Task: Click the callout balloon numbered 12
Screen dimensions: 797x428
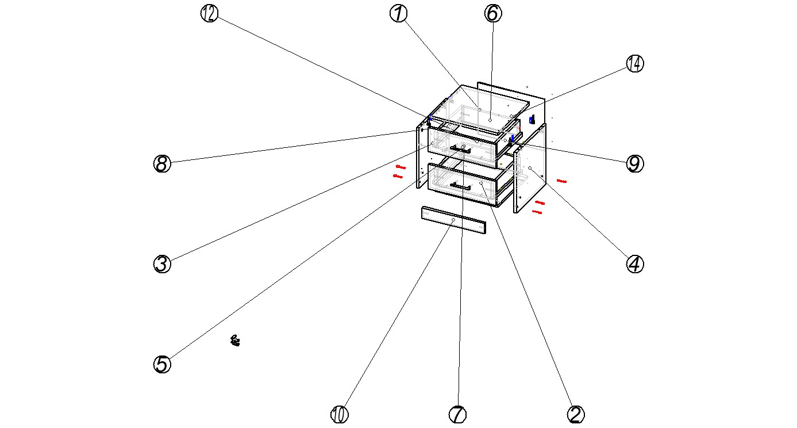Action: click(x=209, y=14)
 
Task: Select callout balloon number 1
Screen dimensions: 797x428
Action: click(x=399, y=14)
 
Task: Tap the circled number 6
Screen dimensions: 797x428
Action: click(x=493, y=14)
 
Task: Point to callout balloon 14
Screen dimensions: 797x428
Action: click(x=635, y=64)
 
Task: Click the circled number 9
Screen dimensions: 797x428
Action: click(x=635, y=164)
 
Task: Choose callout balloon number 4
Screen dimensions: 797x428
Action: click(x=635, y=264)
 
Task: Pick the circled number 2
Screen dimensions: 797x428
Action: click(x=576, y=414)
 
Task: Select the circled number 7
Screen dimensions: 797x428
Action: click(x=457, y=414)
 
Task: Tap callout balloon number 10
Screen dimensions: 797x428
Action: click(x=340, y=414)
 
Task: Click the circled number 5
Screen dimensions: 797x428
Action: click(x=162, y=364)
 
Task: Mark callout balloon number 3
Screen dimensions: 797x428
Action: click(x=162, y=264)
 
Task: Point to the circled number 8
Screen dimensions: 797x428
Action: click(x=162, y=164)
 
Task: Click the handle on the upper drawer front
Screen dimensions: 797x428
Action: click(x=460, y=149)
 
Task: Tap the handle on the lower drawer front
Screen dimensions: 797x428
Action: click(x=460, y=186)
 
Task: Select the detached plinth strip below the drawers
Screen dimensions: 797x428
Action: click(x=453, y=220)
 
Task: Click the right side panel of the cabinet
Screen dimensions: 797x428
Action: click(x=530, y=168)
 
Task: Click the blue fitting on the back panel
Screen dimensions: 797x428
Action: click(x=532, y=120)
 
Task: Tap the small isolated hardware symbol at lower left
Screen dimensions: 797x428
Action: click(x=235, y=341)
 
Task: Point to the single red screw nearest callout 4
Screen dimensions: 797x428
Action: click(x=561, y=181)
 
